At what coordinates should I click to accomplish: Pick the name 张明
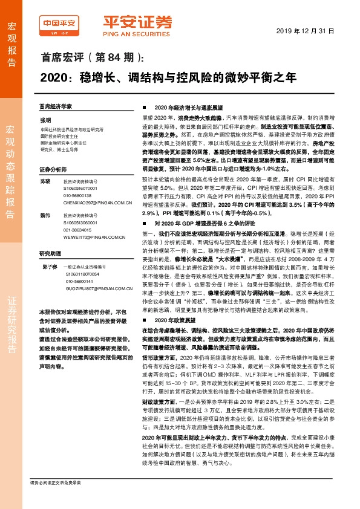46,120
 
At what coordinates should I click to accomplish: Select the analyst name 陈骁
45,181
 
